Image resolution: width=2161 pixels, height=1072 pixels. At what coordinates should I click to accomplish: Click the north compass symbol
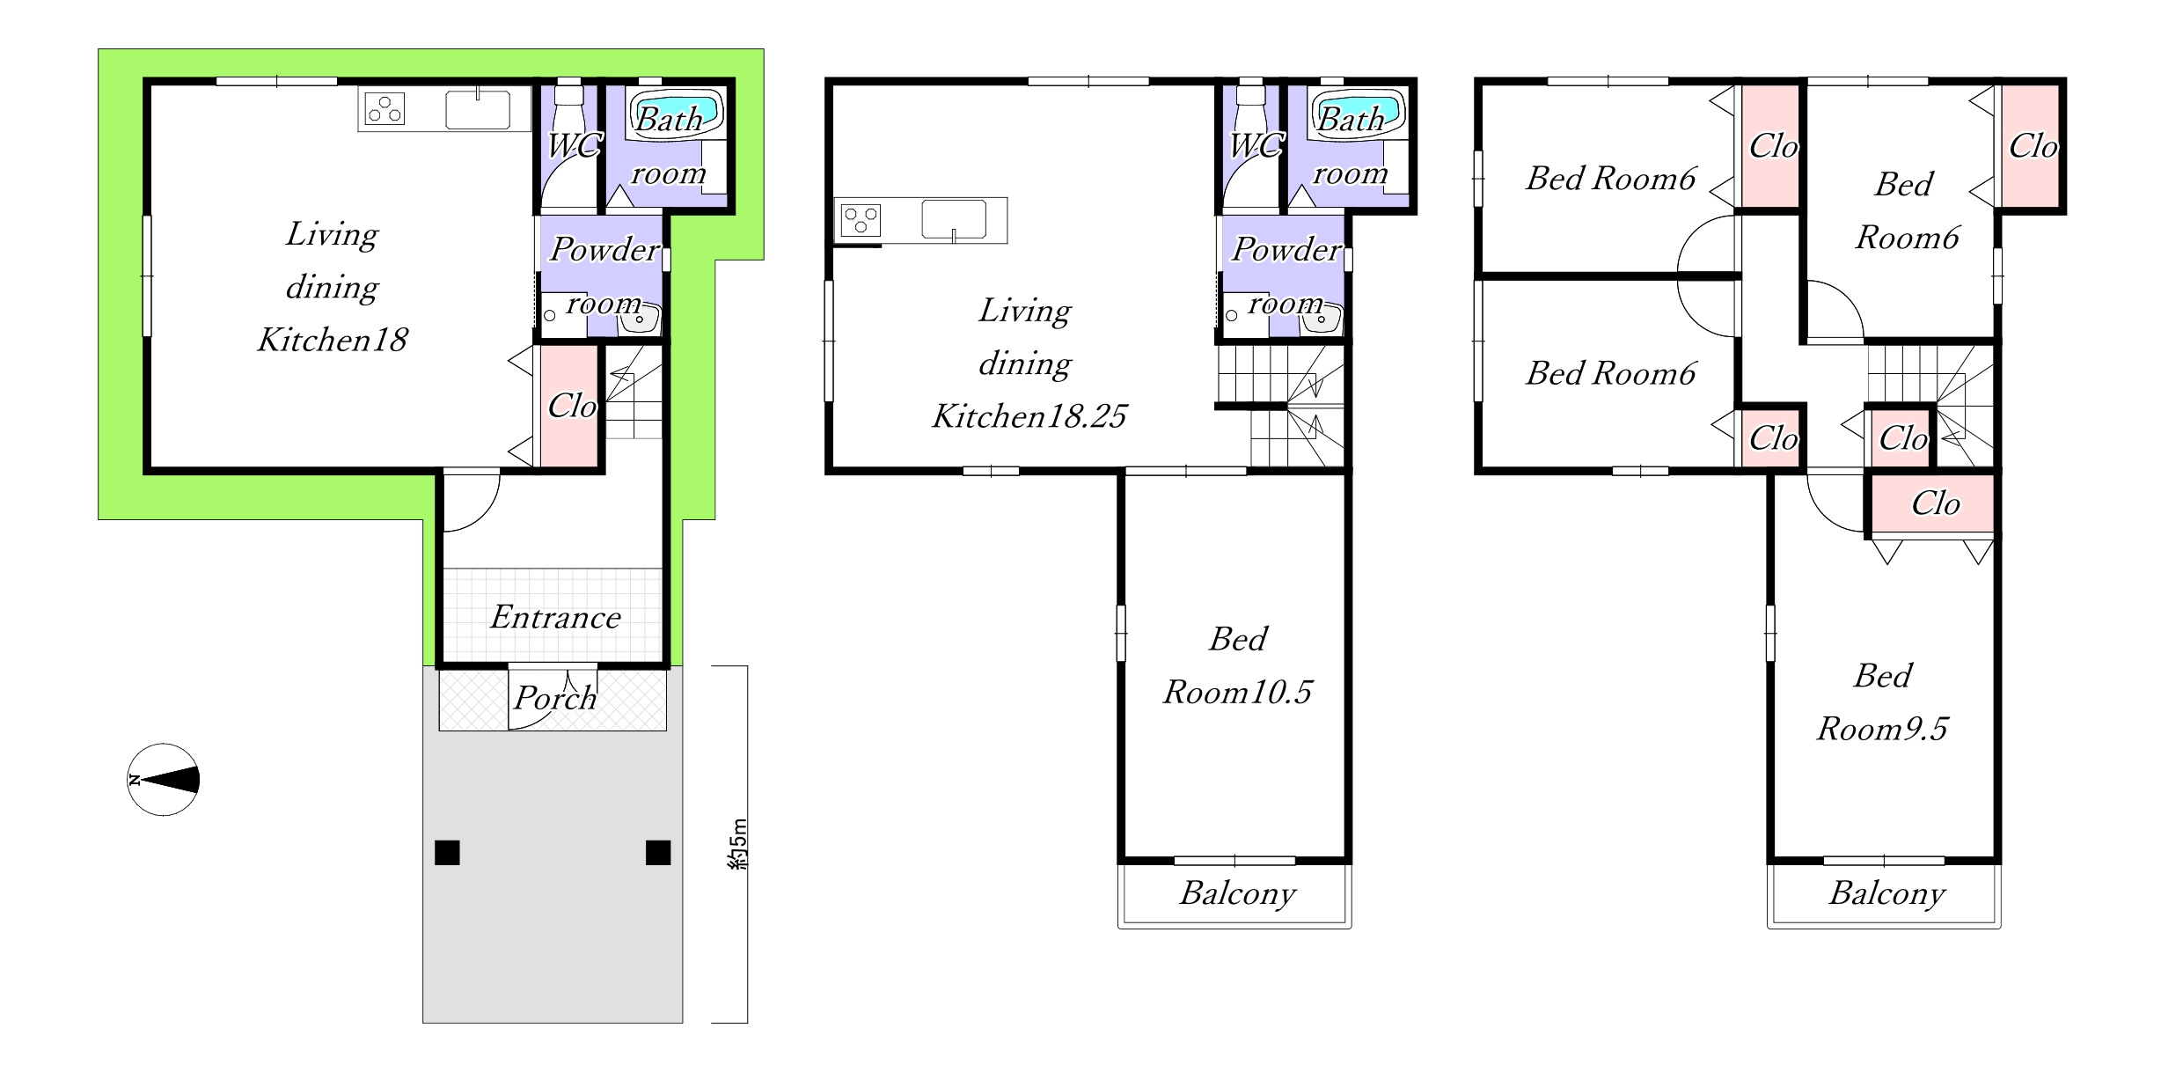coord(164,780)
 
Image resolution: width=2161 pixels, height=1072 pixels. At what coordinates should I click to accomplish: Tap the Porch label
coord(555,698)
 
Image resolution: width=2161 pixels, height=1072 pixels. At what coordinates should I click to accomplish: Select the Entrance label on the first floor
coord(555,617)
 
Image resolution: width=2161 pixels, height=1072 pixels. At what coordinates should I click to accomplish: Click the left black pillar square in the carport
coord(447,852)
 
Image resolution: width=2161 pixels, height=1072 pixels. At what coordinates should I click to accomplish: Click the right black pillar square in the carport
coord(658,852)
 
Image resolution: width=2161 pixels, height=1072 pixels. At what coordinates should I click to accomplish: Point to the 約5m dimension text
coord(737,844)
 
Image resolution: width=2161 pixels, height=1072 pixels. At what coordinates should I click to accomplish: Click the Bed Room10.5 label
coord(1237,665)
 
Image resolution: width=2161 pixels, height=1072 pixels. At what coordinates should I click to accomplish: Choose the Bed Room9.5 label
coord(1882,701)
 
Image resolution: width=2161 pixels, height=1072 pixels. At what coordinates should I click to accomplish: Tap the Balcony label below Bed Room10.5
coord(1237,893)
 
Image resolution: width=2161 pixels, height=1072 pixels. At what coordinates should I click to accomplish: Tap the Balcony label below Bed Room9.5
coord(1886,893)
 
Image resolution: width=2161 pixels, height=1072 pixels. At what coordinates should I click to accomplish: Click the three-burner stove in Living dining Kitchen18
coord(385,109)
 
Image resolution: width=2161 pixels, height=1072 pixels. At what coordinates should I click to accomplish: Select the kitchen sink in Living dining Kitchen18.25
coord(954,220)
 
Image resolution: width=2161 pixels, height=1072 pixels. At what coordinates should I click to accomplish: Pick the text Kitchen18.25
coord(1029,416)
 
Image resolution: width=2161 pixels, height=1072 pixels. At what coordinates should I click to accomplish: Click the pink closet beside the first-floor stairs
coord(568,406)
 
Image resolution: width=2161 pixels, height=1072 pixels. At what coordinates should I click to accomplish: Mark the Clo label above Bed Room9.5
coord(1935,503)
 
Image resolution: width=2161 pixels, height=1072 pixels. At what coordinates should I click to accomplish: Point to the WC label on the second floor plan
coord(1256,145)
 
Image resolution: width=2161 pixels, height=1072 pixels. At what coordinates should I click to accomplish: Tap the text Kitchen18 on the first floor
coord(332,340)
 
